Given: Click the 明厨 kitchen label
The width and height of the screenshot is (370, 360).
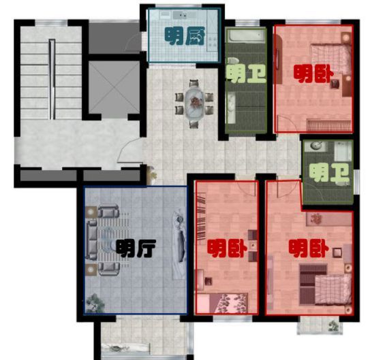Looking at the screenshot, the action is click(185, 36).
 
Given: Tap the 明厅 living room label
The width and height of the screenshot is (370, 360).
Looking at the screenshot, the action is click(136, 248).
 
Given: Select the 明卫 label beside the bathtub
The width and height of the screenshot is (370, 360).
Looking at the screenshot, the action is click(246, 73).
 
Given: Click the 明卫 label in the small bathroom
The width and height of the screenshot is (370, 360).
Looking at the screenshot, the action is click(329, 173).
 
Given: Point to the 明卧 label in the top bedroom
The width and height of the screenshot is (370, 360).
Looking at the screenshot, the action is click(313, 74).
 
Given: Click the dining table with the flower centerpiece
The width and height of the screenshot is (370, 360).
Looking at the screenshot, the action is click(194, 103).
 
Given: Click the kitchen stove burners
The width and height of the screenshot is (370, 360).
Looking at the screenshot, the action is click(212, 42).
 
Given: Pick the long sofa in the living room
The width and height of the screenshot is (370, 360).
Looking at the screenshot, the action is click(92, 240).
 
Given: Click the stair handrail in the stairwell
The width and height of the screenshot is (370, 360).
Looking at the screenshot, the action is click(52, 79).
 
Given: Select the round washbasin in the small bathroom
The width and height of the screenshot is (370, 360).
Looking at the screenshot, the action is click(316, 146).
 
